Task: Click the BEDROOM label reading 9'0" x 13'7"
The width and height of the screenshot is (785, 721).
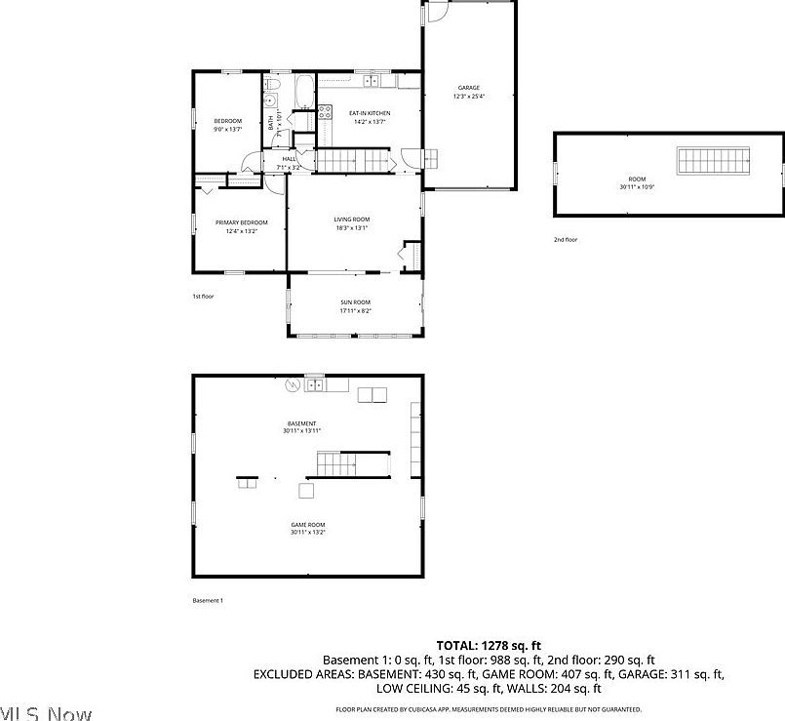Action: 227,125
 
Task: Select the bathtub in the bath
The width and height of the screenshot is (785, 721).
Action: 303,92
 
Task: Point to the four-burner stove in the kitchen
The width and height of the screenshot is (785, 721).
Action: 325,111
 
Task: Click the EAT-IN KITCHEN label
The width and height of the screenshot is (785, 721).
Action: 370,113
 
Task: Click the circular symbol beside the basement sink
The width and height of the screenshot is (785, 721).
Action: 290,384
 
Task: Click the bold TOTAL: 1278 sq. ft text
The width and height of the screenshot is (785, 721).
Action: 488,646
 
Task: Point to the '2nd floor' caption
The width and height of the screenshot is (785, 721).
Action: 566,239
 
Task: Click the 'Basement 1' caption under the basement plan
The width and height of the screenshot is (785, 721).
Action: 208,600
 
